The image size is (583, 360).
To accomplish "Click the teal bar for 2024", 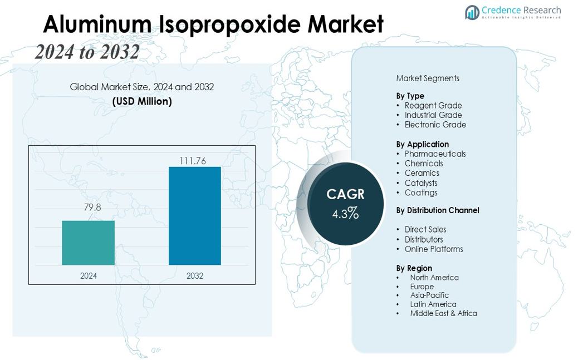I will coord(88,243).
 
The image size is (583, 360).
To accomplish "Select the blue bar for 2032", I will coord(194,216).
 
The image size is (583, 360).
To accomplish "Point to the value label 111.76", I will coord(193,161).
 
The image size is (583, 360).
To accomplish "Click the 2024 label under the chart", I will coord(89,275).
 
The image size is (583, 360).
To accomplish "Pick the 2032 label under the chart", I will coord(195,275).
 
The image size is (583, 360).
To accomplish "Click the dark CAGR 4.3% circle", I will coord(346,204).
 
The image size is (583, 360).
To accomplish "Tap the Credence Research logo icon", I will coord(472,12).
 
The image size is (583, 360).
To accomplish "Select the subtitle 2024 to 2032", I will coord(87,52).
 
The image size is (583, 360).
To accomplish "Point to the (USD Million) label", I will coord(142,101).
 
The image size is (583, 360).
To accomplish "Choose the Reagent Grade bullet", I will coord(433,106).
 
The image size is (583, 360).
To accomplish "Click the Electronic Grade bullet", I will coord(435,125).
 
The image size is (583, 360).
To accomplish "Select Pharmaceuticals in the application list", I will coord(435,154).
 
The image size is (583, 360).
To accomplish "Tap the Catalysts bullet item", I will coord(421,183).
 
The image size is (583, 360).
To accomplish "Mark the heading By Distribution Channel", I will coord(438,210).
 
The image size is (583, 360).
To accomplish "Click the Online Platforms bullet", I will coord(434,249).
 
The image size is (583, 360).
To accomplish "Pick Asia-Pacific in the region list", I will coord(429,295).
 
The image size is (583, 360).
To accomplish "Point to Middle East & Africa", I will coord(443,313).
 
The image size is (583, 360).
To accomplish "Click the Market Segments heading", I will coord(428,78).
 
